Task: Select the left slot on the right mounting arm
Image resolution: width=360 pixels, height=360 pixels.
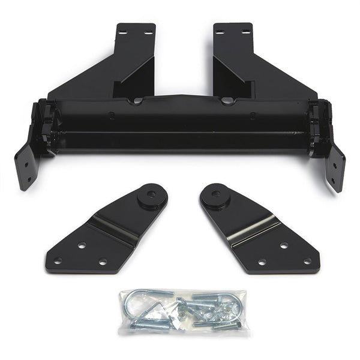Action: [x=220, y=32]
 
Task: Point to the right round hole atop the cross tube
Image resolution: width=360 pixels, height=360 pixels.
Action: [x=226, y=101]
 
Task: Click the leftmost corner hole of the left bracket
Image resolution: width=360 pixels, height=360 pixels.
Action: [x=58, y=260]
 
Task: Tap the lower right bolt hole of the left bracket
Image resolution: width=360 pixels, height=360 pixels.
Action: [x=103, y=262]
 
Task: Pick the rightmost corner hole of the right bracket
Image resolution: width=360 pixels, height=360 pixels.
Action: [x=307, y=261]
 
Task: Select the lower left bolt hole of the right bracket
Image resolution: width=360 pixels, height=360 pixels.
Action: [x=262, y=262]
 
